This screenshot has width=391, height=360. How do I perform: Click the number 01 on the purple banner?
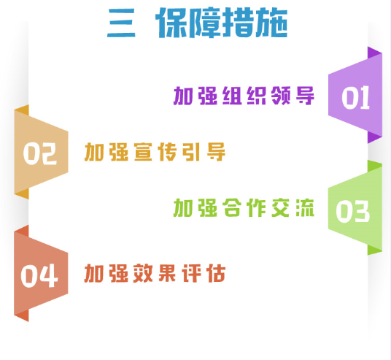[x=355, y=97]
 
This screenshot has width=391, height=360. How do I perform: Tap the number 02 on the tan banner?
[x=40, y=153]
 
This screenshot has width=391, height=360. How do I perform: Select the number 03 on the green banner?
[x=352, y=211]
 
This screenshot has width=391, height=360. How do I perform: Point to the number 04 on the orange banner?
[x=39, y=275]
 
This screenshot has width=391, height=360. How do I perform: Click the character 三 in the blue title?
[x=121, y=23]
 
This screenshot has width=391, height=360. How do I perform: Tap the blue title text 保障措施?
[x=222, y=23]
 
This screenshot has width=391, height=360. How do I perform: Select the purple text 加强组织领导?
[x=244, y=96]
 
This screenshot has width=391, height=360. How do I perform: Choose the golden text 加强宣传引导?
[x=155, y=152]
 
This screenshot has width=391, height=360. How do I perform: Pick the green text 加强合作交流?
[x=244, y=207]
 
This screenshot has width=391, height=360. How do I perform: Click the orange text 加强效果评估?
[x=155, y=273]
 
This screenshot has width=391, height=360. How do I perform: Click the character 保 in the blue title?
[x=172, y=23]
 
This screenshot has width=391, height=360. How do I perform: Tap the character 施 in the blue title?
[x=272, y=23]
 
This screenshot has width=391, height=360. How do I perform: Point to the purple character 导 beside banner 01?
[x=305, y=96]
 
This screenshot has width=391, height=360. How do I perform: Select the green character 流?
[x=305, y=207]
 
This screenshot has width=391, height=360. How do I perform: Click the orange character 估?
[x=217, y=273]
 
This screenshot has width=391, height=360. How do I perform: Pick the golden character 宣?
[x=143, y=152]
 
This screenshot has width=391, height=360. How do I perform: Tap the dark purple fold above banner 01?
[x=374, y=53]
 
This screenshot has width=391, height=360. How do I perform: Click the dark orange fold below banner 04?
[x=22, y=315]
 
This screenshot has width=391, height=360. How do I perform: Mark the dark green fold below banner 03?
[x=374, y=250]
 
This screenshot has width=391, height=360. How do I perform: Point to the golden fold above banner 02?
[x=23, y=110]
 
